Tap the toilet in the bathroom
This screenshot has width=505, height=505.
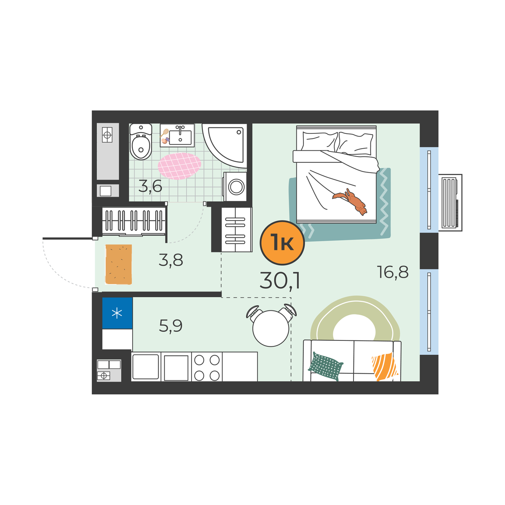pyautogui.click(x=141, y=142)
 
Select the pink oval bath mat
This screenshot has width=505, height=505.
pyautogui.click(x=179, y=166)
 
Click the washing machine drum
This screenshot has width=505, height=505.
pyautogui.click(x=236, y=187)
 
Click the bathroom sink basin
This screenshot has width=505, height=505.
pyautogui.click(x=180, y=137)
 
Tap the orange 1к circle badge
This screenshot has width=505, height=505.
pyautogui.click(x=282, y=243)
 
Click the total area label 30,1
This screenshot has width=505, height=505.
pyautogui.click(x=279, y=280)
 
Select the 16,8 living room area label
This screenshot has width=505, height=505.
pyautogui.click(x=393, y=272)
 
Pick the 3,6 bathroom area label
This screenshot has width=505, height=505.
pyautogui.click(x=150, y=186)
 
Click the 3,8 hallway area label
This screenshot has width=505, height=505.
pyautogui.click(x=171, y=260)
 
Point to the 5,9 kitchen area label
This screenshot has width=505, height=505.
pyautogui.click(x=170, y=326)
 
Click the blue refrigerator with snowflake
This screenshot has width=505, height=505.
pyautogui.click(x=117, y=313)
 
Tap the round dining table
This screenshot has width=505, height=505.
pyautogui.click(x=271, y=328)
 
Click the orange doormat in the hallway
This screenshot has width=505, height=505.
pyautogui.click(x=118, y=264)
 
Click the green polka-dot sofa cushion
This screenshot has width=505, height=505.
pyautogui.click(x=325, y=366)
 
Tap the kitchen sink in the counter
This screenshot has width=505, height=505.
pyautogui.click(x=146, y=367)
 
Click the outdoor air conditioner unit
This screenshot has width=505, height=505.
pyautogui.click(x=450, y=202)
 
